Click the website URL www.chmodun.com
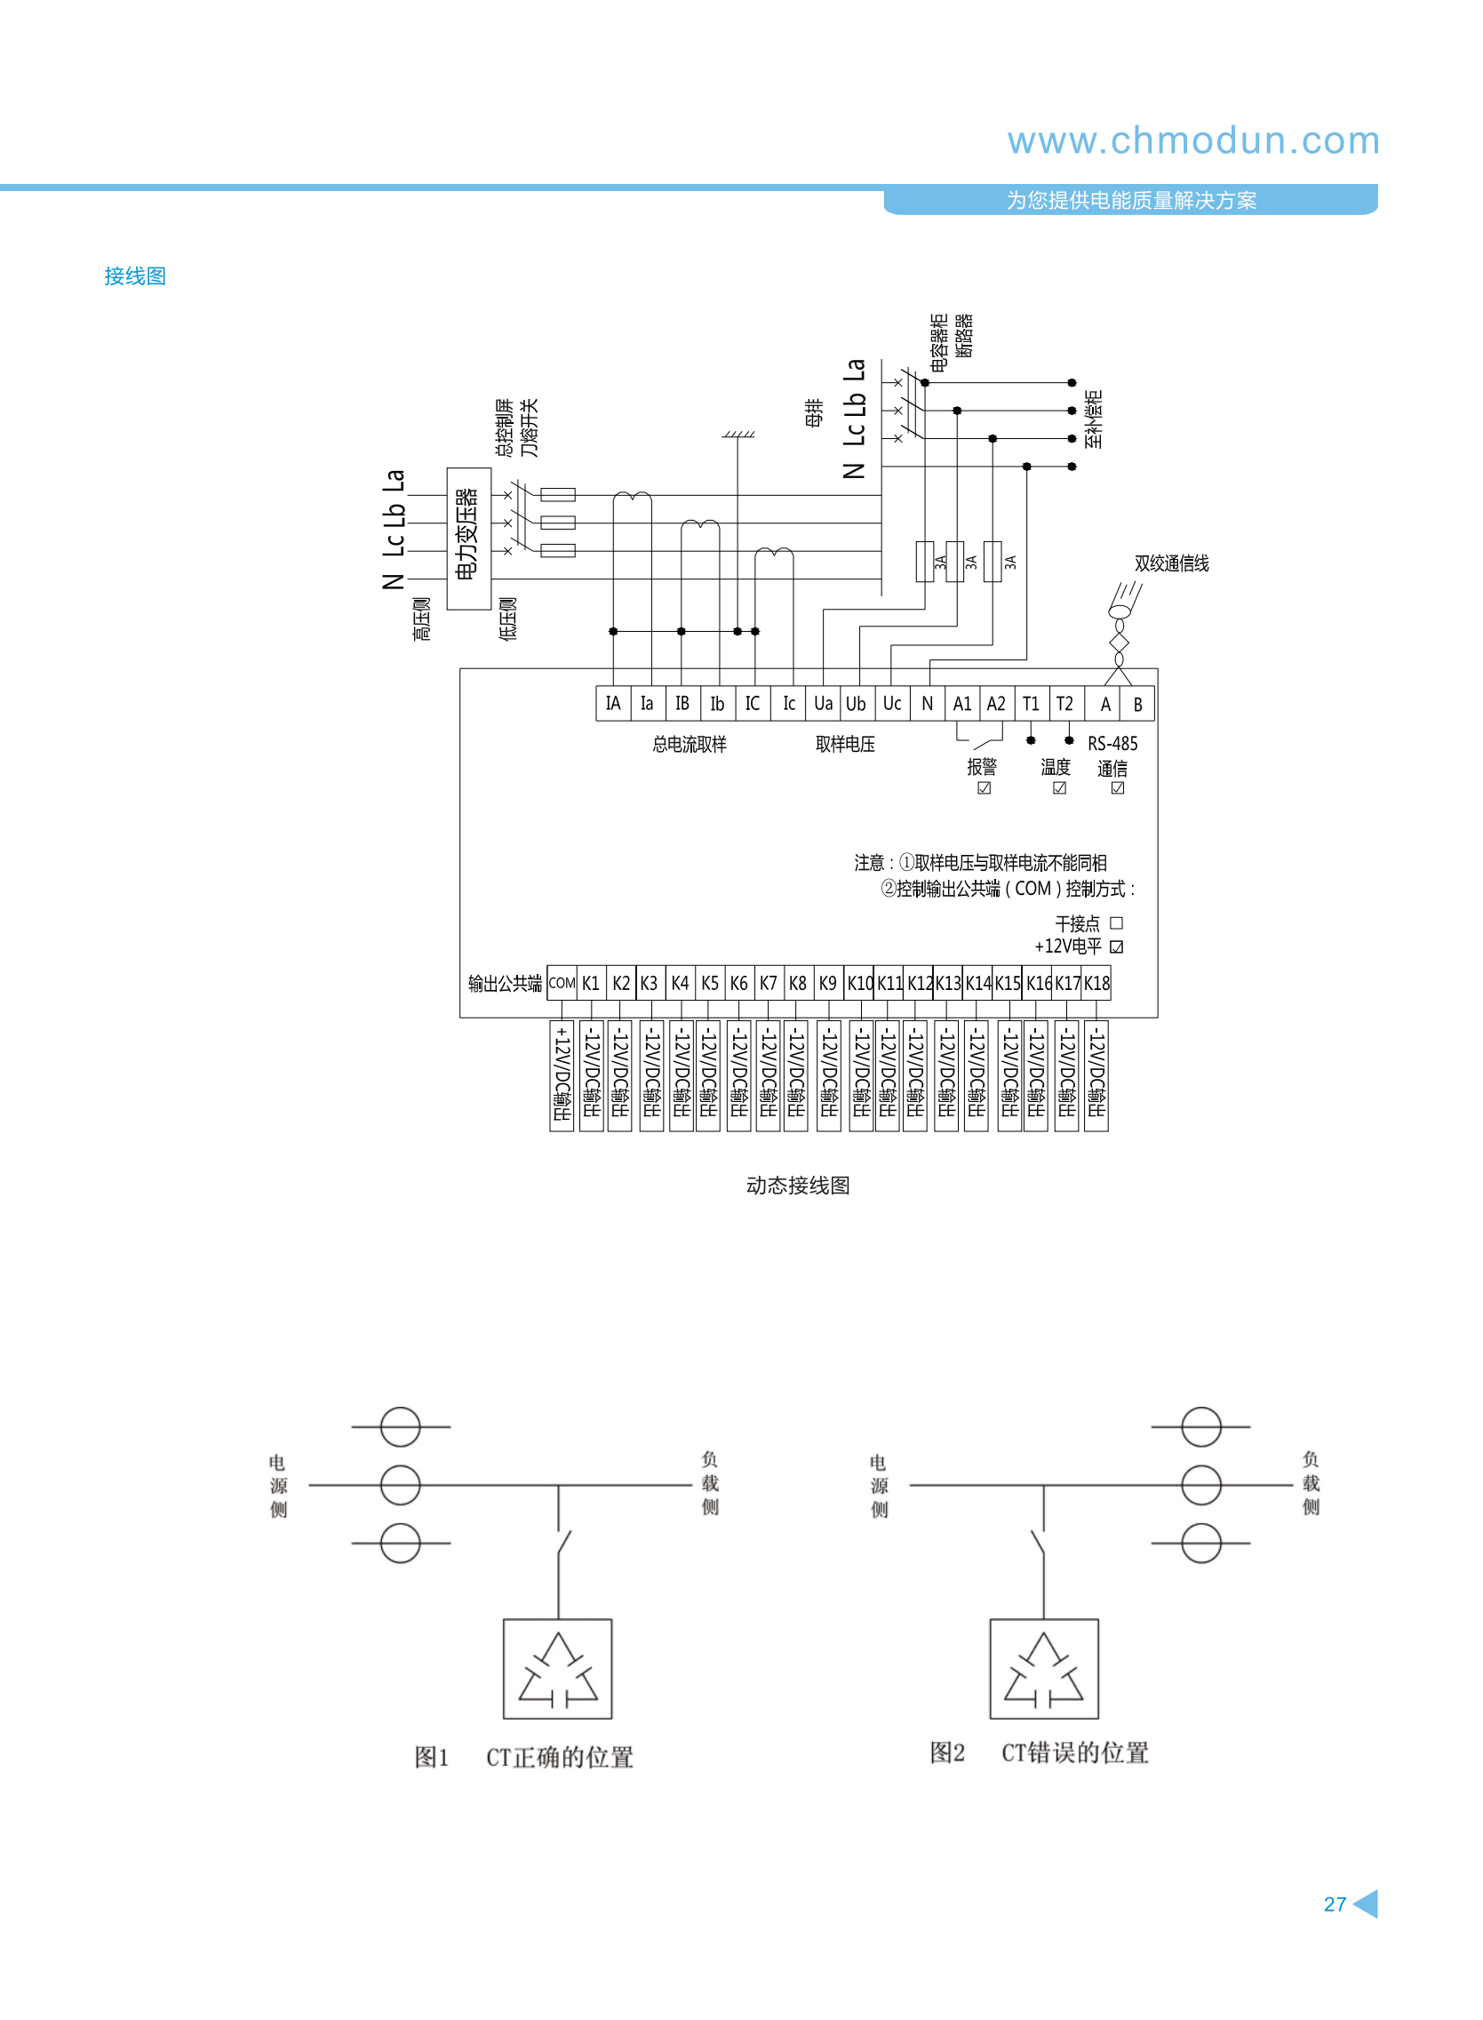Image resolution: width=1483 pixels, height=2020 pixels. click(1192, 141)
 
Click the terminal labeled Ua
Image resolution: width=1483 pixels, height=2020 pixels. click(822, 704)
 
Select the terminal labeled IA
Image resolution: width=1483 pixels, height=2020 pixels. click(613, 704)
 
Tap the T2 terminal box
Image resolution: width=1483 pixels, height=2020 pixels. click(1064, 704)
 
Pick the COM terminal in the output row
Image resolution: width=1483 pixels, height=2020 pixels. click(562, 983)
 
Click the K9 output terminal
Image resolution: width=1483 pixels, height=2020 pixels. click(827, 983)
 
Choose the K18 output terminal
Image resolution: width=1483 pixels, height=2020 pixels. click(1097, 983)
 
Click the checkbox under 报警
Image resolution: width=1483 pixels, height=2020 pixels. click(984, 788)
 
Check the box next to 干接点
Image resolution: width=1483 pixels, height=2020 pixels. click(1116, 923)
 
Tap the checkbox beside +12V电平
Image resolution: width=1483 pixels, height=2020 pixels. click(1116, 946)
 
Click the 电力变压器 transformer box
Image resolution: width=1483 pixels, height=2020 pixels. click(468, 538)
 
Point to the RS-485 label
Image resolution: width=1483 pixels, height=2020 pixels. click(1112, 743)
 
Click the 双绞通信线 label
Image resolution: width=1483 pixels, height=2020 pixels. click(1170, 563)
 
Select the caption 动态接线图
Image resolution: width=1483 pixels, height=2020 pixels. click(797, 1185)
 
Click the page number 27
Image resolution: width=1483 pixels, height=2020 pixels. click(1334, 1904)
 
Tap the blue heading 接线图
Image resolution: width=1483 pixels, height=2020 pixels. click(135, 276)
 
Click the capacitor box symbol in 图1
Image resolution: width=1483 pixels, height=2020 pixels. click(557, 1669)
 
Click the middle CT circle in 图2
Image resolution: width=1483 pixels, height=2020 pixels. click(1200, 1485)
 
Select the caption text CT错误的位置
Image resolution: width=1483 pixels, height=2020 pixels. click(1074, 1753)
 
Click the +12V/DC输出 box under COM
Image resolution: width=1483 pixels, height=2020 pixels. click(562, 1075)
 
